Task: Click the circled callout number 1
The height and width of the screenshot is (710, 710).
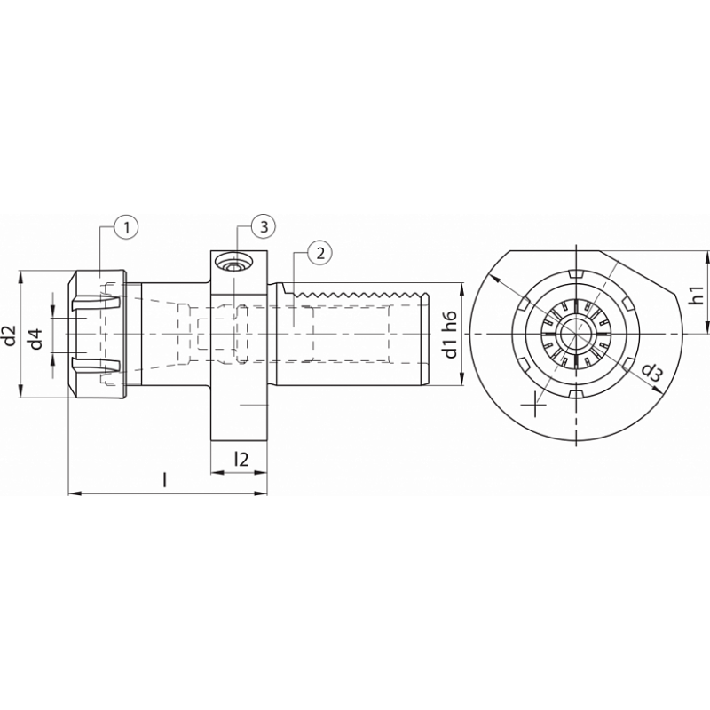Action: [126, 228]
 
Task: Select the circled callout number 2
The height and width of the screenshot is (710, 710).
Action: [320, 253]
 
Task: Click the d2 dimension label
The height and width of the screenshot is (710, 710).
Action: [10, 335]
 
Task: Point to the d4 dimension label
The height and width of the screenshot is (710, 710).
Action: [36, 335]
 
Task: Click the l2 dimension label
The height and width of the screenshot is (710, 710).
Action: [241, 459]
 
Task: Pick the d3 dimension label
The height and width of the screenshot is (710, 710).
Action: [651, 372]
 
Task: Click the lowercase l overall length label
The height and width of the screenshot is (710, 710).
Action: [165, 480]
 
